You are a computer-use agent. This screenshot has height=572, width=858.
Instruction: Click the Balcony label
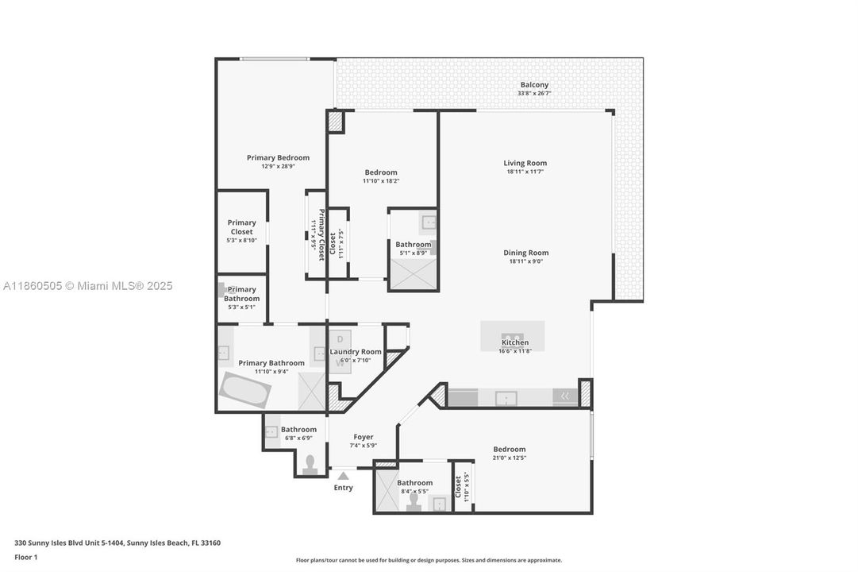pyautogui.click(x=534, y=85)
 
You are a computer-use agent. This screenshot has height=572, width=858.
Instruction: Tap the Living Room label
pyautogui.click(x=525, y=164)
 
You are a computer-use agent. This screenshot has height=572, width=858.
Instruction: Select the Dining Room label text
pyautogui.click(x=525, y=253)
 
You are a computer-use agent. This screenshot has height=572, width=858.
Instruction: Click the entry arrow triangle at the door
pyautogui.click(x=343, y=476)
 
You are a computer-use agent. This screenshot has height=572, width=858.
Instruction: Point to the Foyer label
pyautogui.click(x=364, y=437)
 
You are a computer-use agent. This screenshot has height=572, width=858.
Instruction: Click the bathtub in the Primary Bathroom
pyautogui.click(x=245, y=389)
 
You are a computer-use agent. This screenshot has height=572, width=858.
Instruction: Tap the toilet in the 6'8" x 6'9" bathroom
pyautogui.click(x=310, y=463)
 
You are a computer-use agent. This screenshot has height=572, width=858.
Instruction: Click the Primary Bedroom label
pyautogui.click(x=278, y=158)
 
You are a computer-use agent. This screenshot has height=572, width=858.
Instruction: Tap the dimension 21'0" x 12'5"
pyautogui.click(x=509, y=458)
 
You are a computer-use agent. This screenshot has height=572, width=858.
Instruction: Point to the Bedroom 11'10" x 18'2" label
pyautogui.click(x=381, y=172)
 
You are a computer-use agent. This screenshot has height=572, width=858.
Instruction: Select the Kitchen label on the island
pyautogui.click(x=514, y=343)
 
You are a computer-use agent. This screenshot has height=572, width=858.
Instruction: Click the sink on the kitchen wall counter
pyautogui.click(x=506, y=398)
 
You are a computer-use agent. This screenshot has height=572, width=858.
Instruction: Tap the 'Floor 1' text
pyautogui.click(x=25, y=557)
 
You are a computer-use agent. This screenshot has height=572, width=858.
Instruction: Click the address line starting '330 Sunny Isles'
pyautogui.click(x=117, y=543)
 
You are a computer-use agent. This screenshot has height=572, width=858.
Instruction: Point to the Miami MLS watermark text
pyautogui.click(x=87, y=286)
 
